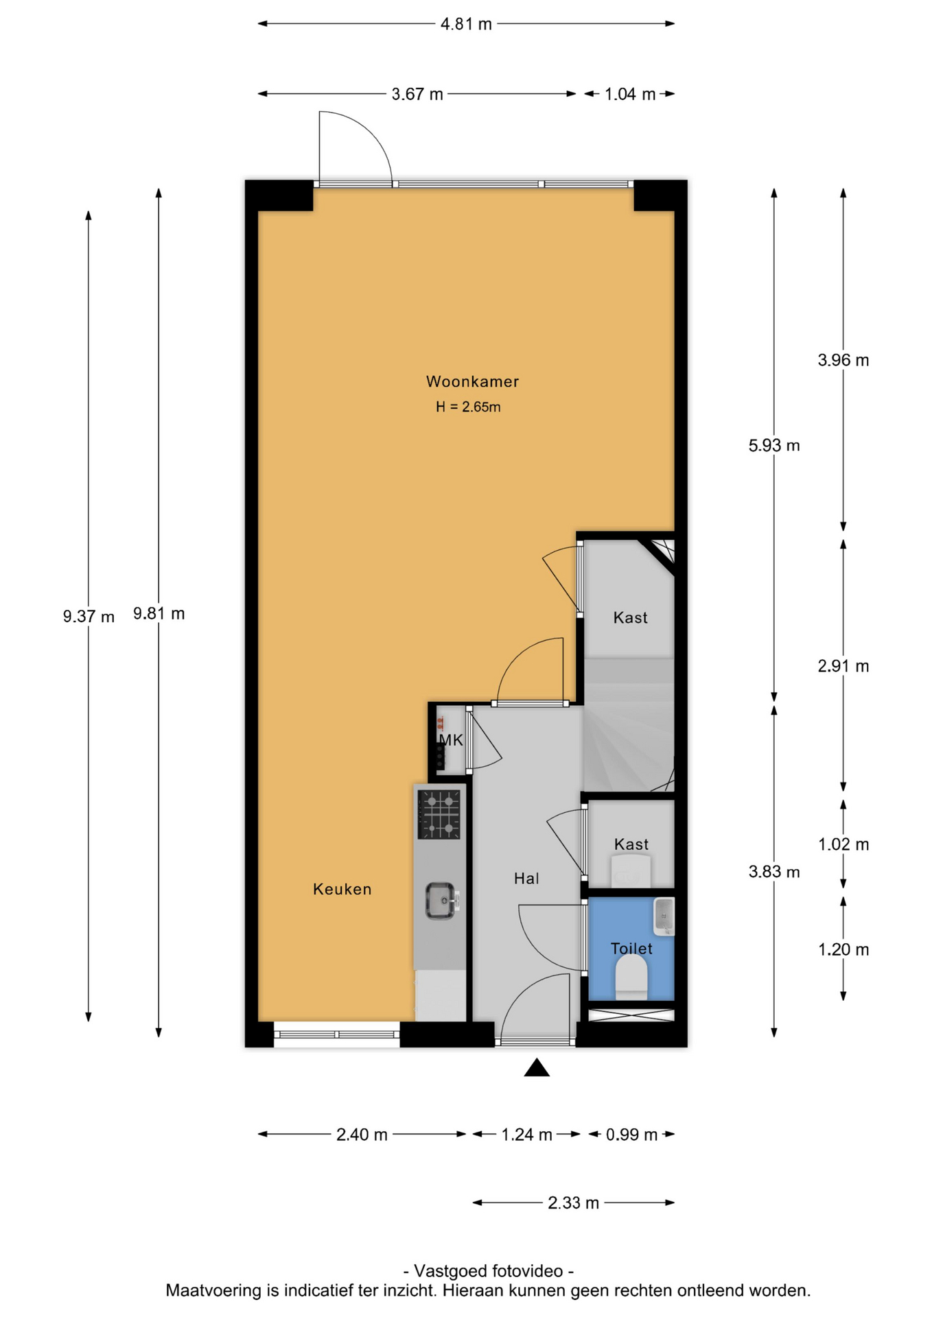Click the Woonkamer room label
click(472, 381)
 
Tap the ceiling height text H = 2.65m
click(468, 407)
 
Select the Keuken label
click(342, 889)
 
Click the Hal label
click(526, 878)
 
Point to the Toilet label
click(631, 949)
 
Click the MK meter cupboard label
click(451, 740)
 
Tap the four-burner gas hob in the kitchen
click(439, 814)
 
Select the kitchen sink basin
click(441, 901)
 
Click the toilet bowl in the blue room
click(631, 977)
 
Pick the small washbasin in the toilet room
click(664, 916)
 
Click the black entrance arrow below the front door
click(537, 1067)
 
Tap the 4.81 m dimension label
click(466, 24)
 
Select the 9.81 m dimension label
click(159, 613)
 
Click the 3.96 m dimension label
click(843, 360)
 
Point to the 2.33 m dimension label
click(573, 1202)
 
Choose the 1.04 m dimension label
click(629, 94)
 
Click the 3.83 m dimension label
click(774, 872)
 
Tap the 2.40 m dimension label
click(362, 1135)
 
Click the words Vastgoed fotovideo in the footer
click(488, 1271)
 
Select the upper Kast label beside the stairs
click(630, 618)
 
